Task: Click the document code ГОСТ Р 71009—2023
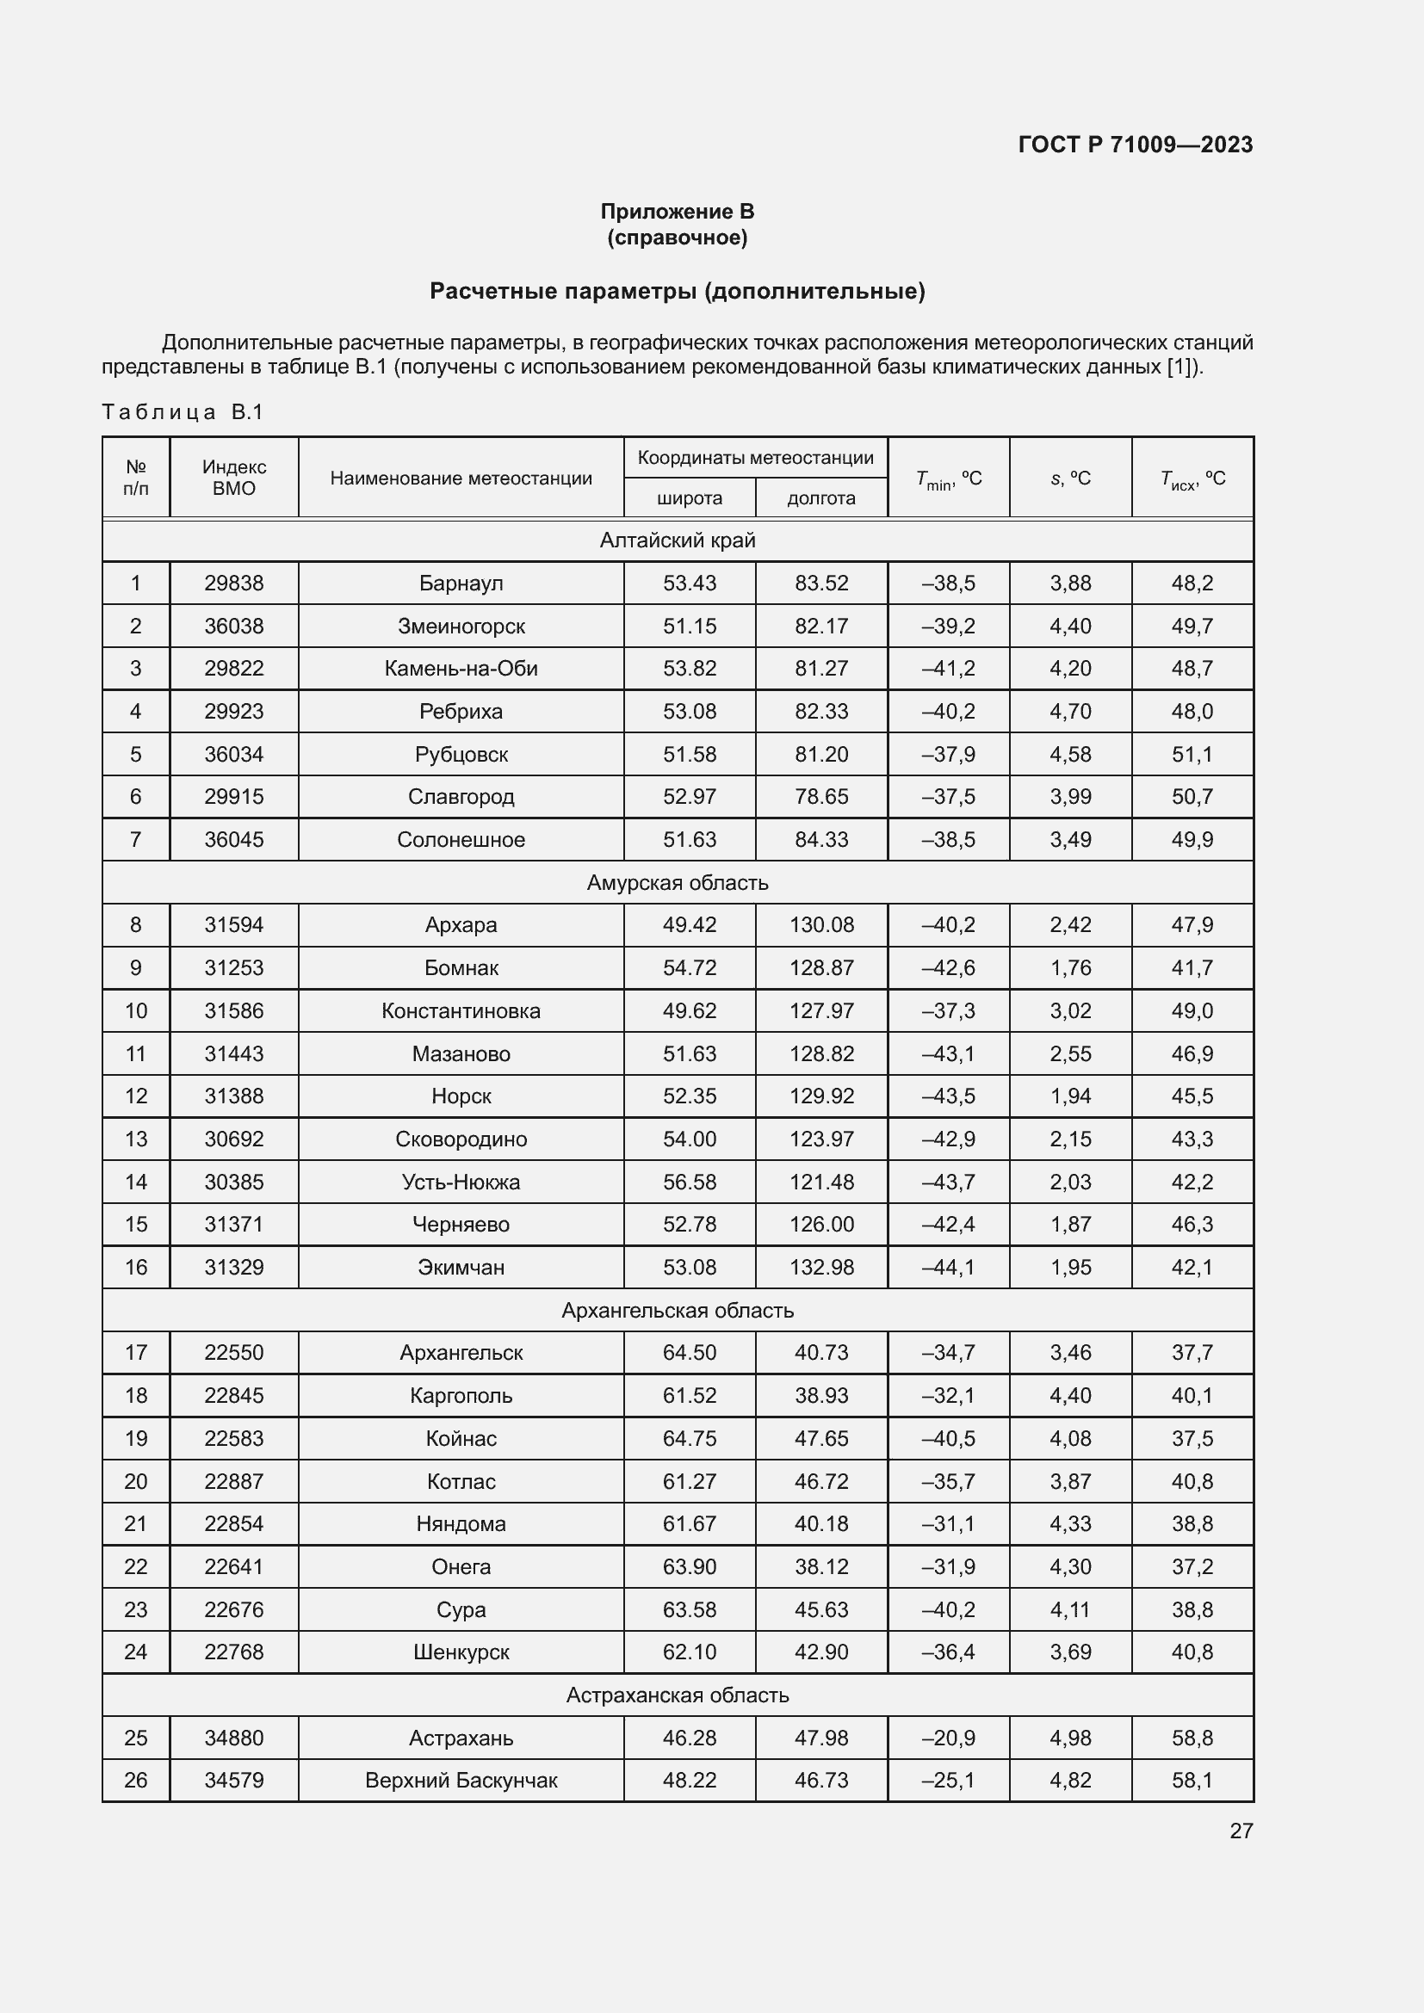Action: pyautogui.click(x=1135, y=145)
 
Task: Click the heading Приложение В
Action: pyautogui.click(x=677, y=212)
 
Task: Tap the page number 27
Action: pyautogui.click(x=1241, y=1831)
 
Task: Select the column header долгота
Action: pyautogui.click(x=820, y=498)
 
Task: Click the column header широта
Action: pyautogui.click(x=690, y=498)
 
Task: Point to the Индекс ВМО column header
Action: pyautogui.click(x=234, y=478)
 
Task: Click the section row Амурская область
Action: pyautogui.click(x=677, y=883)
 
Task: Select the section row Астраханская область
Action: pyautogui.click(x=677, y=1695)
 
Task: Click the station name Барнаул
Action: pyautogui.click(x=461, y=583)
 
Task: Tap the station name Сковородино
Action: pyautogui.click(x=461, y=1139)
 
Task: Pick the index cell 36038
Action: pyautogui.click(x=234, y=626)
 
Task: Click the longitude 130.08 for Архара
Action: pyautogui.click(x=820, y=925)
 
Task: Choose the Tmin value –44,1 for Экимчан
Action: pyautogui.click(x=948, y=1267)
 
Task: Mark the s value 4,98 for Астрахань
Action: pyautogui.click(x=1070, y=1738)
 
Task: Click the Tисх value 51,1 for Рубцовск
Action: pyautogui.click(x=1192, y=754)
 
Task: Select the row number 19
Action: pyautogui.click(x=136, y=1439)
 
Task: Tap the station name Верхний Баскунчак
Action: pyautogui.click(x=461, y=1781)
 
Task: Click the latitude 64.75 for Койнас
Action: pyautogui.click(x=690, y=1439)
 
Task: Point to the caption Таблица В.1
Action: pyautogui.click(x=183, y=412)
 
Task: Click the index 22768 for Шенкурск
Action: pyautogui.click(x=234, y=1652)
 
